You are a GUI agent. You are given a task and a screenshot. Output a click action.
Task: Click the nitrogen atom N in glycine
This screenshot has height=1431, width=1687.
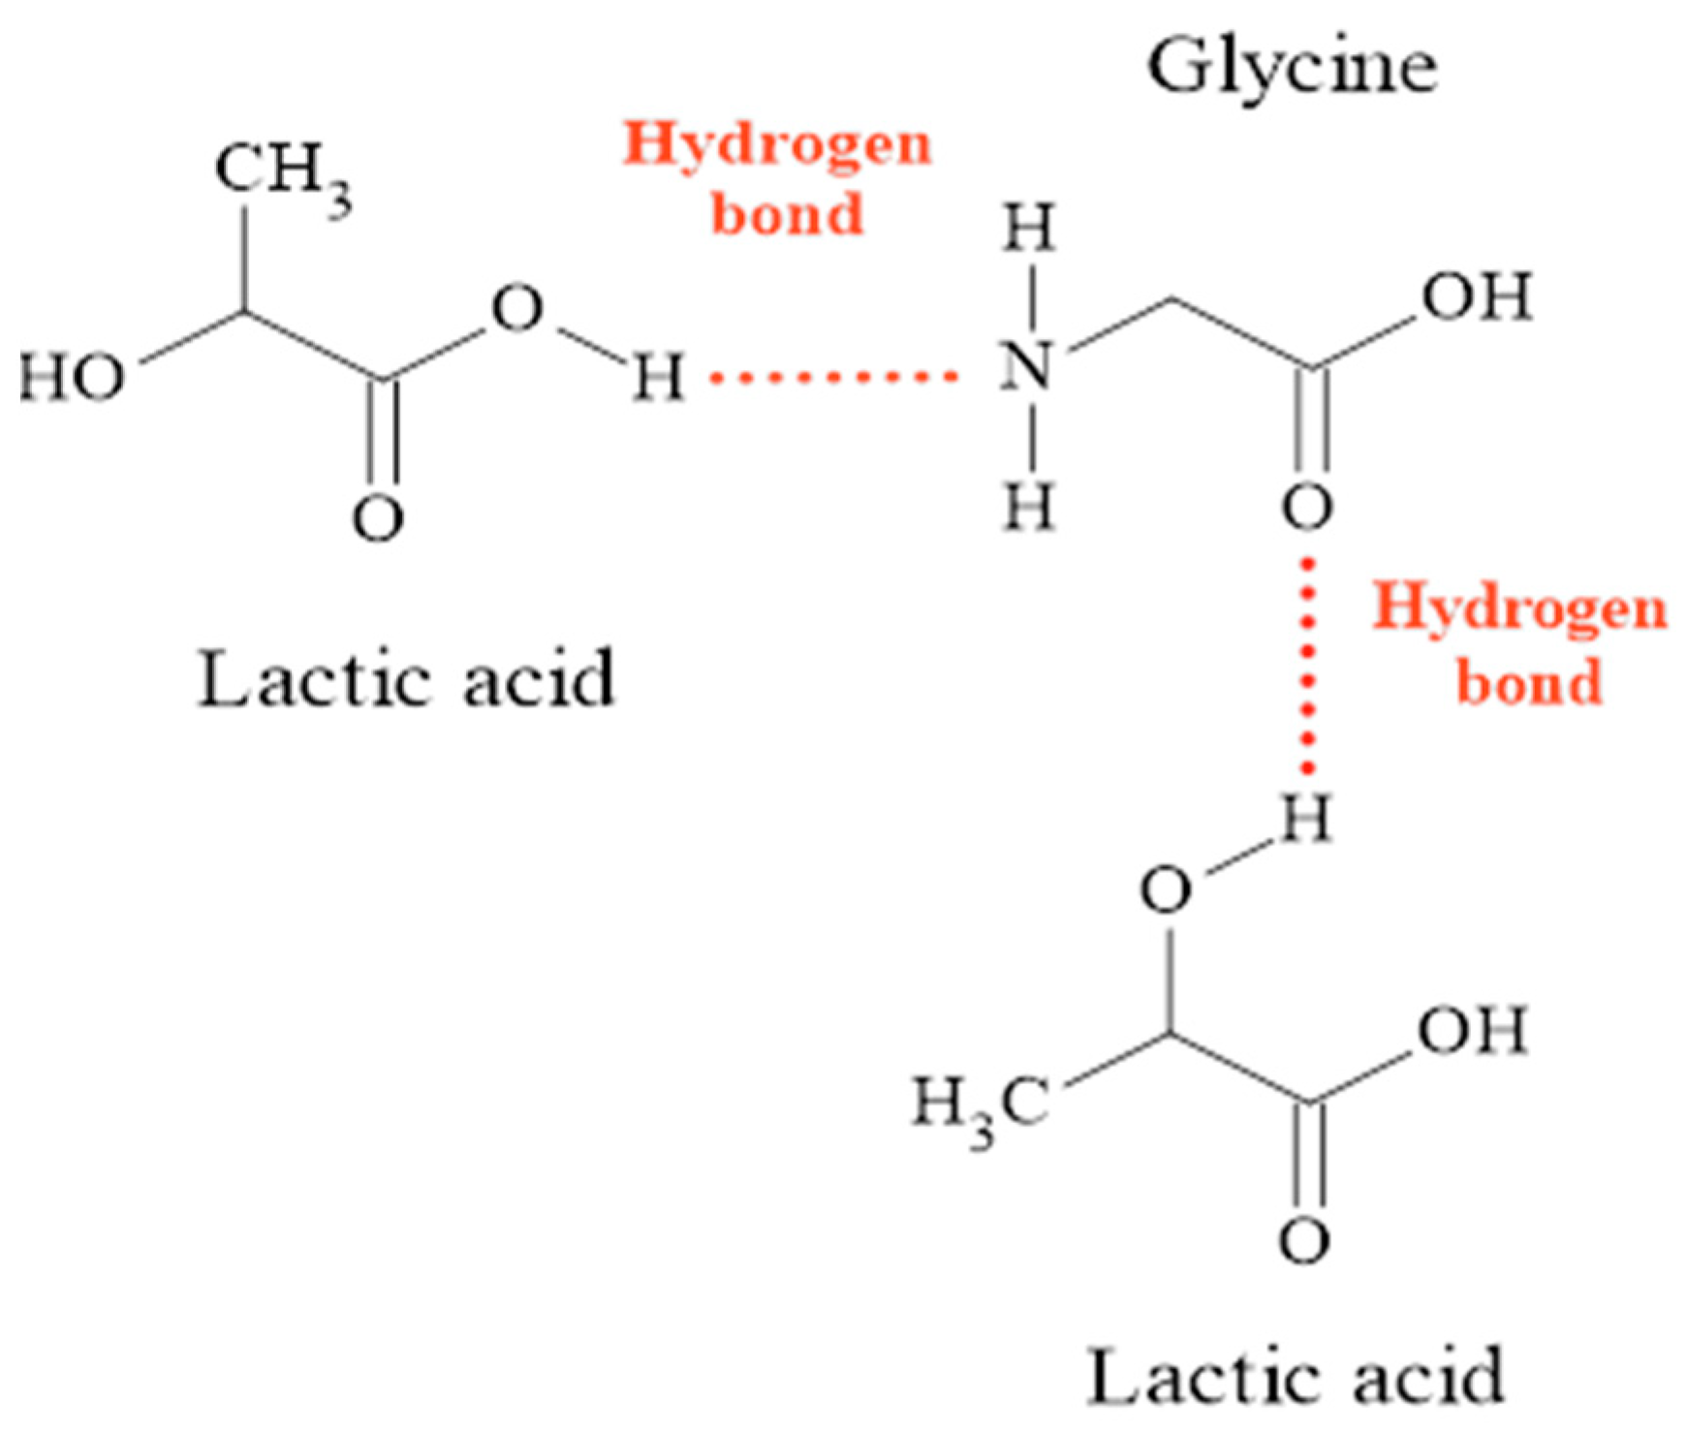click(1027, 367)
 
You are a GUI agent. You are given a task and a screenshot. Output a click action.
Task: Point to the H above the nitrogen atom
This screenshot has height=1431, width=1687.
click(1028, 231)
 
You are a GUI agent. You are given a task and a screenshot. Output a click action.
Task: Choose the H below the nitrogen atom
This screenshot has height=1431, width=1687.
click(1028, 506)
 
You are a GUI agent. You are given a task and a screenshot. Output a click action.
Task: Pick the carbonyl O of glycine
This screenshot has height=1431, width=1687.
click(1307, 508)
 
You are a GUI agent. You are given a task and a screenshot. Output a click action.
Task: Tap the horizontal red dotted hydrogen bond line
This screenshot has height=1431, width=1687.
click(833, 377)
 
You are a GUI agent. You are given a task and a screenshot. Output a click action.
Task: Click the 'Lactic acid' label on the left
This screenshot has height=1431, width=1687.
click(406, 678)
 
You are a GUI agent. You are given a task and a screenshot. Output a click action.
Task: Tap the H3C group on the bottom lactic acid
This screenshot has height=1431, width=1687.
click(980, 1105)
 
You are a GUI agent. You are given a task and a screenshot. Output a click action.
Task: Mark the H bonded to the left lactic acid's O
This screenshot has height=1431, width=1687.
click(658, 377)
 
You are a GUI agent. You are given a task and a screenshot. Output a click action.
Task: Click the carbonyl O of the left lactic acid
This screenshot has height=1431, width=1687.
click(377, 518)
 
